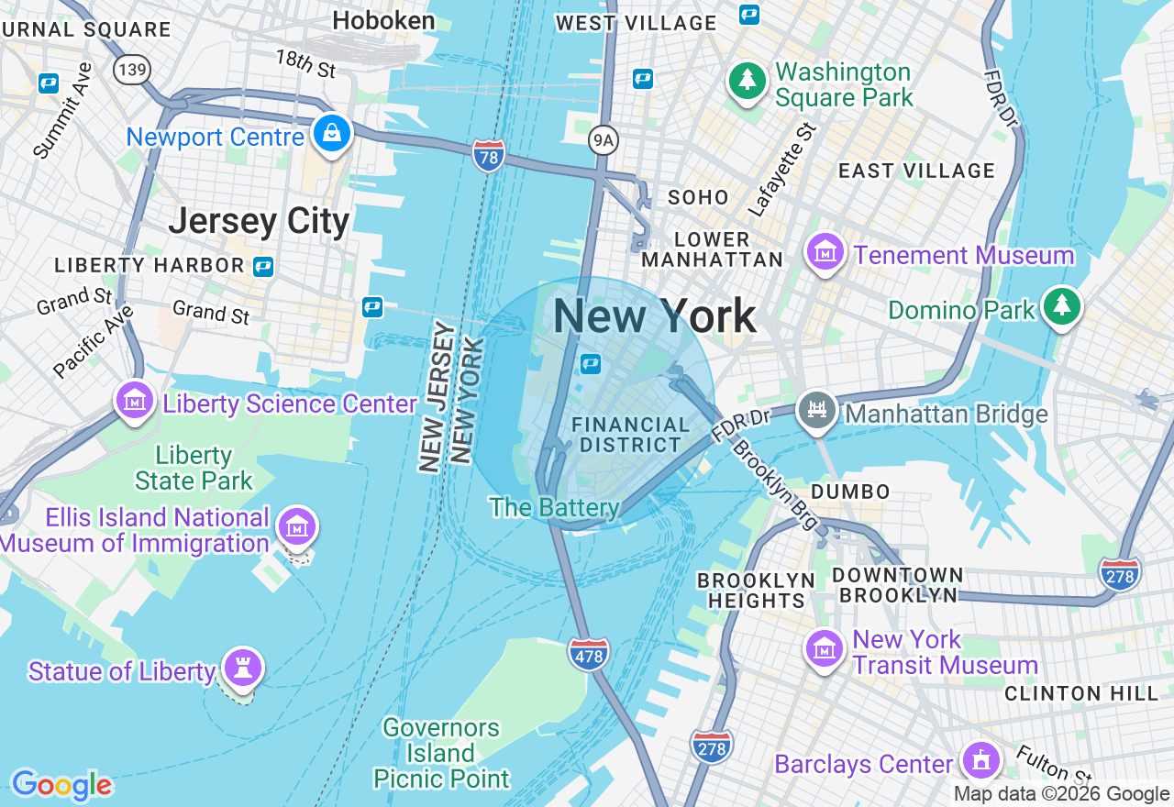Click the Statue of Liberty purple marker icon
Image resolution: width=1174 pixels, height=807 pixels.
[242, 668]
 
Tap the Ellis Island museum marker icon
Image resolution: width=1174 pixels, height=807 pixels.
[298, 526]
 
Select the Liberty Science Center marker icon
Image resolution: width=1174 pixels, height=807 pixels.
[136, 401]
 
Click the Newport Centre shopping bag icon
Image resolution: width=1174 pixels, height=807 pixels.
[329, 134]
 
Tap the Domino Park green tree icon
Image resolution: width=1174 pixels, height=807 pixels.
[1062, 305]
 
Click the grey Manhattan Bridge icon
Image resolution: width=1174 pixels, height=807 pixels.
[817, 409]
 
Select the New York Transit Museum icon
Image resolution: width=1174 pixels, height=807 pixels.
[824, 649]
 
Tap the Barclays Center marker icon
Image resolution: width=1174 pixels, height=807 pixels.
[980, 760]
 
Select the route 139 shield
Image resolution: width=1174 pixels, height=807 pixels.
[132, 70]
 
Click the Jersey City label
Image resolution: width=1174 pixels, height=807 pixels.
[259, 221]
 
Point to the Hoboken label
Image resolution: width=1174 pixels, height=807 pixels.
[383, 20]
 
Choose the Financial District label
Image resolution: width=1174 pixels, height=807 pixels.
[630, 435]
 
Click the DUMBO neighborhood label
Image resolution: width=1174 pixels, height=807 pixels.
[850, 492]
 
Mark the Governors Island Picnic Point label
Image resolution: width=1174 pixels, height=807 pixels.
[441, 753]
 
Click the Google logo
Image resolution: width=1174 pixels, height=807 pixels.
[61, 785]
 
